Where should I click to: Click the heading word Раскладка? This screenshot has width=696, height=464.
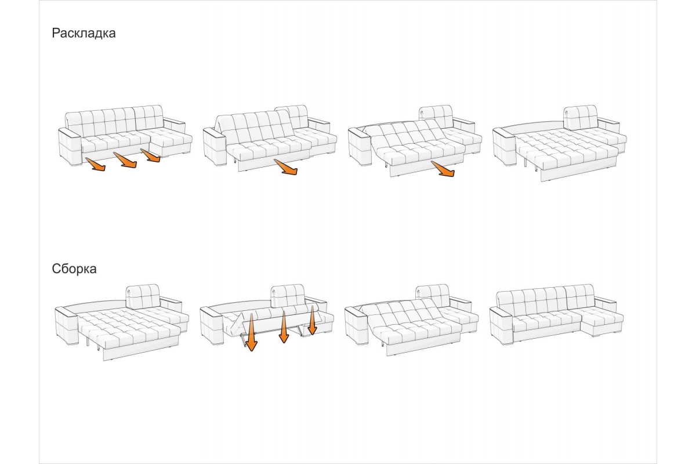pos(84,33)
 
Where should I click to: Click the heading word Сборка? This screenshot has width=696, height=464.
pos(74,269)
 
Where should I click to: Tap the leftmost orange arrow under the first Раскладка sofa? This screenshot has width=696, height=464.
pos(95,164)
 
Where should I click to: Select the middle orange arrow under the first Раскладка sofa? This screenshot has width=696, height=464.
pos(125,160)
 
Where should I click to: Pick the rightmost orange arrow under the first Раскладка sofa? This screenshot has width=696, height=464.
pos(150,155)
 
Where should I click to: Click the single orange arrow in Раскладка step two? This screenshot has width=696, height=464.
pos(285,167)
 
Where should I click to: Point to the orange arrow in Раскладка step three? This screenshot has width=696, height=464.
pos(443,169)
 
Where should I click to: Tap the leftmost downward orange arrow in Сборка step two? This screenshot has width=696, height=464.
pos(251,332)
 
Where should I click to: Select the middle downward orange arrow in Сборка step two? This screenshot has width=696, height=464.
pos(284,327)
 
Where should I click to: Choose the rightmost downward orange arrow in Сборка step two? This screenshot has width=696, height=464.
pos(312,320)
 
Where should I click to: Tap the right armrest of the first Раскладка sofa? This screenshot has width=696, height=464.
pos(174,124)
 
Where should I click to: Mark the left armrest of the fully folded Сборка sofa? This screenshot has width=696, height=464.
pos(501,325)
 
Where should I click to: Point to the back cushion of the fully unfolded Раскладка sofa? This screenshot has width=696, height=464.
pos(581,117)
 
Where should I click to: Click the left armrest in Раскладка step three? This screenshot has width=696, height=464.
pos(360,147)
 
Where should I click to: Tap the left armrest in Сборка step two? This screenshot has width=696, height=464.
pos(211,325)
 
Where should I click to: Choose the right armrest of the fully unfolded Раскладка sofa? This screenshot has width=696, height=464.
pos(608,125)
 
